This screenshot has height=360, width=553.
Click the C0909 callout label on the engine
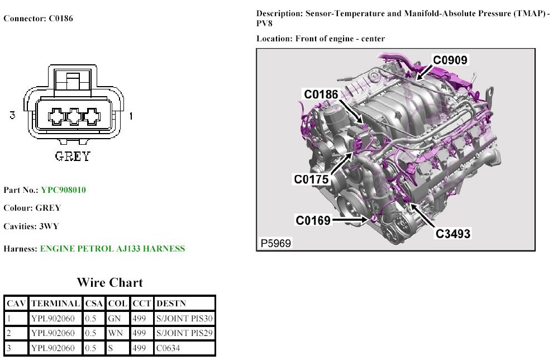coord(451,60)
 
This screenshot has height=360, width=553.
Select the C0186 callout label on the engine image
coord(321,94)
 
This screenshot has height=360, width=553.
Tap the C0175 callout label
coord(311,179)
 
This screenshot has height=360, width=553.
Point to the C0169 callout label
coord(313,220)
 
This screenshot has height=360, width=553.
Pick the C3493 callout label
coord(453,233)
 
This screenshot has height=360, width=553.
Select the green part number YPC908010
coord(63,190)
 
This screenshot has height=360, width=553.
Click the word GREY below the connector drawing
coord(73,157)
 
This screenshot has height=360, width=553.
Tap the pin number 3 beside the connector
coord(12,116)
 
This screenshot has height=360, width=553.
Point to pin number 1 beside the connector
coord(131,116)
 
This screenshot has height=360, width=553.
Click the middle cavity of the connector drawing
coord(73,117)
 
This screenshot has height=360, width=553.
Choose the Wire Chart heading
coord(109,282)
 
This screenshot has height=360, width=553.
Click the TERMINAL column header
coord(55,304)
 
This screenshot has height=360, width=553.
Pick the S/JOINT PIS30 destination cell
coord(184,319)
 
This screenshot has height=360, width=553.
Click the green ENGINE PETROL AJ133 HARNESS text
coord(112,249)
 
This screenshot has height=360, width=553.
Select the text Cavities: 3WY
coord(31,226)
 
